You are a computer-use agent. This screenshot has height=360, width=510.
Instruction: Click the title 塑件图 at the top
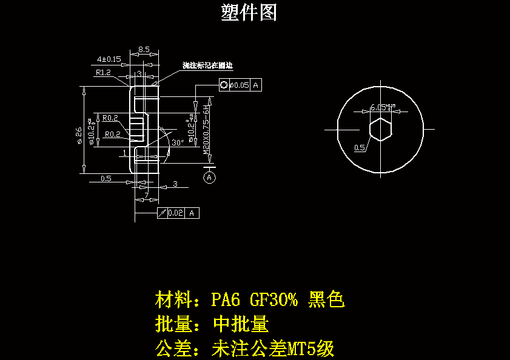[249, 12]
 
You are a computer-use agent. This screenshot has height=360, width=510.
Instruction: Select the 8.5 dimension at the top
[144, 49]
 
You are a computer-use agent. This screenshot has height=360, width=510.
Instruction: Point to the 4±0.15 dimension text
[109, 59]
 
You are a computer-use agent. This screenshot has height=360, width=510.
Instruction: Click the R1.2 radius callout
[103, 73]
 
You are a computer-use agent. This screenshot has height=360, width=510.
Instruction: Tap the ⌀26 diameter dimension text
[79, 135]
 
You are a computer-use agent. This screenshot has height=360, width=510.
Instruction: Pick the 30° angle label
[177, 143]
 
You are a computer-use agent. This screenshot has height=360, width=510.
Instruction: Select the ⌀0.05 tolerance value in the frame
[240, 85]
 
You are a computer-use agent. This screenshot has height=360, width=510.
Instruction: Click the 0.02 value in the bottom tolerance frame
[176, 213]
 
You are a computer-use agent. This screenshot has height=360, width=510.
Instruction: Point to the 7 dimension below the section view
[146, 195]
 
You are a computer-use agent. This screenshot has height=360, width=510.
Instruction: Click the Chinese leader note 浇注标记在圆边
[208, 65]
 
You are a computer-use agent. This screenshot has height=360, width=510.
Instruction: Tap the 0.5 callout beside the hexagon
[359, 147]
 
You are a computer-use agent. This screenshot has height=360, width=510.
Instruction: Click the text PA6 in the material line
[226, 299]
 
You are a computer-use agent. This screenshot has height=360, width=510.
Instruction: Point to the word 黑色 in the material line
[326, 299]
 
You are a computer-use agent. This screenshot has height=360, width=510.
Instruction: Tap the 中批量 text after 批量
[241, 324]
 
